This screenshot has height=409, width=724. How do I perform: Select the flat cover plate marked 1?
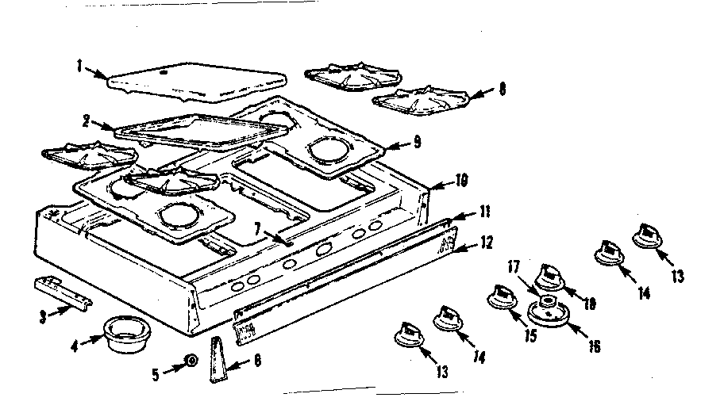(x=194, y=81)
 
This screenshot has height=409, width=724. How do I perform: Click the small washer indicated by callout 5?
(x=191, y=361)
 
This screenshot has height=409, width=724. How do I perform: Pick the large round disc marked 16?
(x=550, y=315)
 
